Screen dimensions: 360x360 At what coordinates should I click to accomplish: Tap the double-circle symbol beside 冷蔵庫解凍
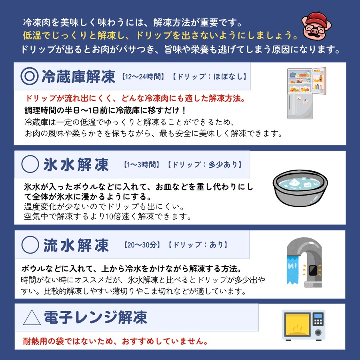point(29,76)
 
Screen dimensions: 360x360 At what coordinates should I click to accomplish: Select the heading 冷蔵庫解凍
point(78,76)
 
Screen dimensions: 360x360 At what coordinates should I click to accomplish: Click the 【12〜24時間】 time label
point(144,76)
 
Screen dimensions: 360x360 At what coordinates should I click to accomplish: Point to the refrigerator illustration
point(306,93)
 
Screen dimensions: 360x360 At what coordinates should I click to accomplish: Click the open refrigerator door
point(319,81)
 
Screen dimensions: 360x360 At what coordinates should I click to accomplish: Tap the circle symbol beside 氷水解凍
point(30,164)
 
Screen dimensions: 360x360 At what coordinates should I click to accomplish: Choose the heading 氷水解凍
point(76,165)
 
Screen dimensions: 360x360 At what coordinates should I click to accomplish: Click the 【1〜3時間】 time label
point(142,165)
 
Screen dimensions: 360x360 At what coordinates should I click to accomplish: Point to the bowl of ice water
point(300,188)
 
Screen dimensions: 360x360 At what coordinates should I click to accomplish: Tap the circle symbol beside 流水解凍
point(30,245)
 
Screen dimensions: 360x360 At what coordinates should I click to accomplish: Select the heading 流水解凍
point(76,245)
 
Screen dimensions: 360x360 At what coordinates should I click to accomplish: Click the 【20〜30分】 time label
point(142,245)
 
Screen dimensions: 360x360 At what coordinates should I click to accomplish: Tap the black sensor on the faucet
point(312,270)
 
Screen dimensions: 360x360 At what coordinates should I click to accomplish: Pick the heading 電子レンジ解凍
point(96,318)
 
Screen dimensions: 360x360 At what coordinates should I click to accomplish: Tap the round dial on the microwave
point(318,332)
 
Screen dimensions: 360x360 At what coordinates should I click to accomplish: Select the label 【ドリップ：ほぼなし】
point(209,76)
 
